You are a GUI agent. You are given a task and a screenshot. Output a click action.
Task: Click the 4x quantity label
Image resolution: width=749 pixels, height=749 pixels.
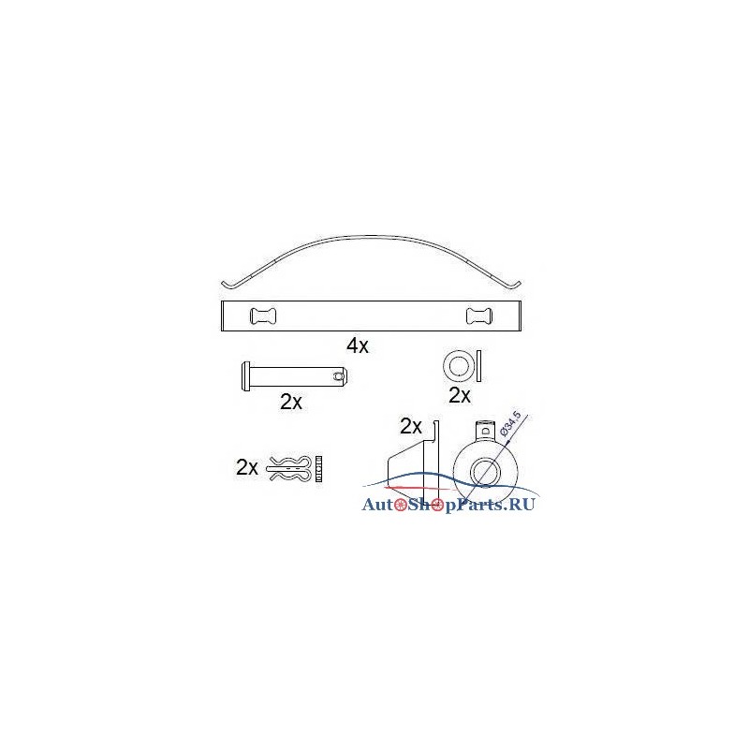pos(358,345)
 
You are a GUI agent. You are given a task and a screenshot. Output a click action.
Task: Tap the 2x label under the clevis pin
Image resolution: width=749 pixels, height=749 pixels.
pos(291,402)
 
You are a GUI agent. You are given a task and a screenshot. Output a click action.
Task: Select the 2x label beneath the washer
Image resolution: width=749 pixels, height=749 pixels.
pos(460,395)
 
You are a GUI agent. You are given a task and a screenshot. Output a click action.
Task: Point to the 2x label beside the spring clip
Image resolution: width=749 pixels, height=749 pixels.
pos(247,467)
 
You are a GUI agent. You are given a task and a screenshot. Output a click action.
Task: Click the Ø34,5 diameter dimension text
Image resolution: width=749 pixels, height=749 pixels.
pos(509,423)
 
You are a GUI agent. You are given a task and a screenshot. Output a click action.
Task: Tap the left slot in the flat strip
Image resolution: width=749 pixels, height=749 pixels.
pos(263,316)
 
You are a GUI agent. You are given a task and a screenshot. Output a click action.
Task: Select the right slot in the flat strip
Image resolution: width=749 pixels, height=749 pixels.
pos(479,316)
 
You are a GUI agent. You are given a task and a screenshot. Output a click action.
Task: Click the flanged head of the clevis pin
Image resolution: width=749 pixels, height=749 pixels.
pos(245,376)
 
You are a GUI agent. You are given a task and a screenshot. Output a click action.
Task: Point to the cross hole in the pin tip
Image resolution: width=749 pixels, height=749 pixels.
pos(339,376)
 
